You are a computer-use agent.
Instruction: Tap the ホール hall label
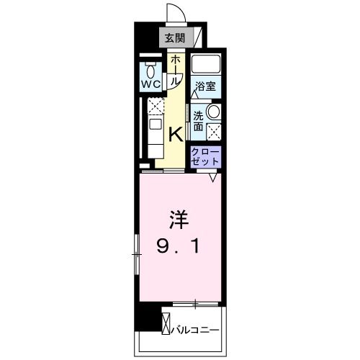174,71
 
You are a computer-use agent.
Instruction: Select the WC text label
150,84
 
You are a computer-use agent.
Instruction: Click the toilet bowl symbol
150,71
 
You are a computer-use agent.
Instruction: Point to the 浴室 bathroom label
206,86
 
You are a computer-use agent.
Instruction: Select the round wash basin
213,113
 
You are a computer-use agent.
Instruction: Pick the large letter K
174,133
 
